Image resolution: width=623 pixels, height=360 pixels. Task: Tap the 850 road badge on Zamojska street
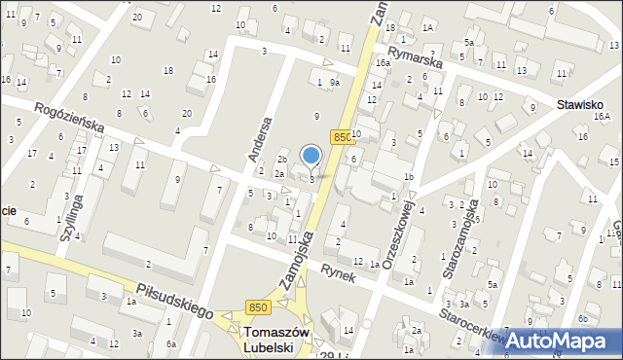(341, 138)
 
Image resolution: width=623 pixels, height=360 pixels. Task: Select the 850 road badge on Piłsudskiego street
(257, 307)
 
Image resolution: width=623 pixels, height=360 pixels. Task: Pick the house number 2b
(282, 159)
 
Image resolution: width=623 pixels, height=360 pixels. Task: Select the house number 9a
(334, 83)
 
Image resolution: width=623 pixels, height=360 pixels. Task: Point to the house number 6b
(582, 318)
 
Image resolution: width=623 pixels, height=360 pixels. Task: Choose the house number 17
(32, 153)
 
